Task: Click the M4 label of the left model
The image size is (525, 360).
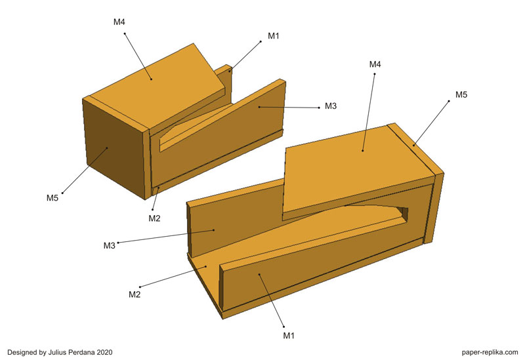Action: point(119,22)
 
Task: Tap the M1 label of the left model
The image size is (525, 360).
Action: point(273,36)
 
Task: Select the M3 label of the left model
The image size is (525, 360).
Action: point(331,106)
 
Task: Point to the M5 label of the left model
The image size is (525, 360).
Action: point(52,198)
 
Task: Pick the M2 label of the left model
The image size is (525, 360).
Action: point(154,219)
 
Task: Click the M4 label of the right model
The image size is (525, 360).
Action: point(375,64)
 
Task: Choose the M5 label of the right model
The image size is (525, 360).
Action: point(461,95)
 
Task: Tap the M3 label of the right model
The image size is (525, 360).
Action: point(109,246)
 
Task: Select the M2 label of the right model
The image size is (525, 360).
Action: point(135,295)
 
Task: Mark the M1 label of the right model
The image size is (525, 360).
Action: point(289,336)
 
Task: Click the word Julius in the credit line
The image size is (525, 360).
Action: point(58,352)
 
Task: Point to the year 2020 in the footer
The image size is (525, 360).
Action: point(105,352)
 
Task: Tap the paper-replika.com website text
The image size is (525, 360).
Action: point(490,352)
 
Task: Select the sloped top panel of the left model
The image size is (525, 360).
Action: point(157,85)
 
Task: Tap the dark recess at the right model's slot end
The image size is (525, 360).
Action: point(404,213)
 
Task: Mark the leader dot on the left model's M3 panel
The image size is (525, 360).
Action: point(259,107)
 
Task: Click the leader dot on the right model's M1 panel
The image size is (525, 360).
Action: point(259,273)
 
